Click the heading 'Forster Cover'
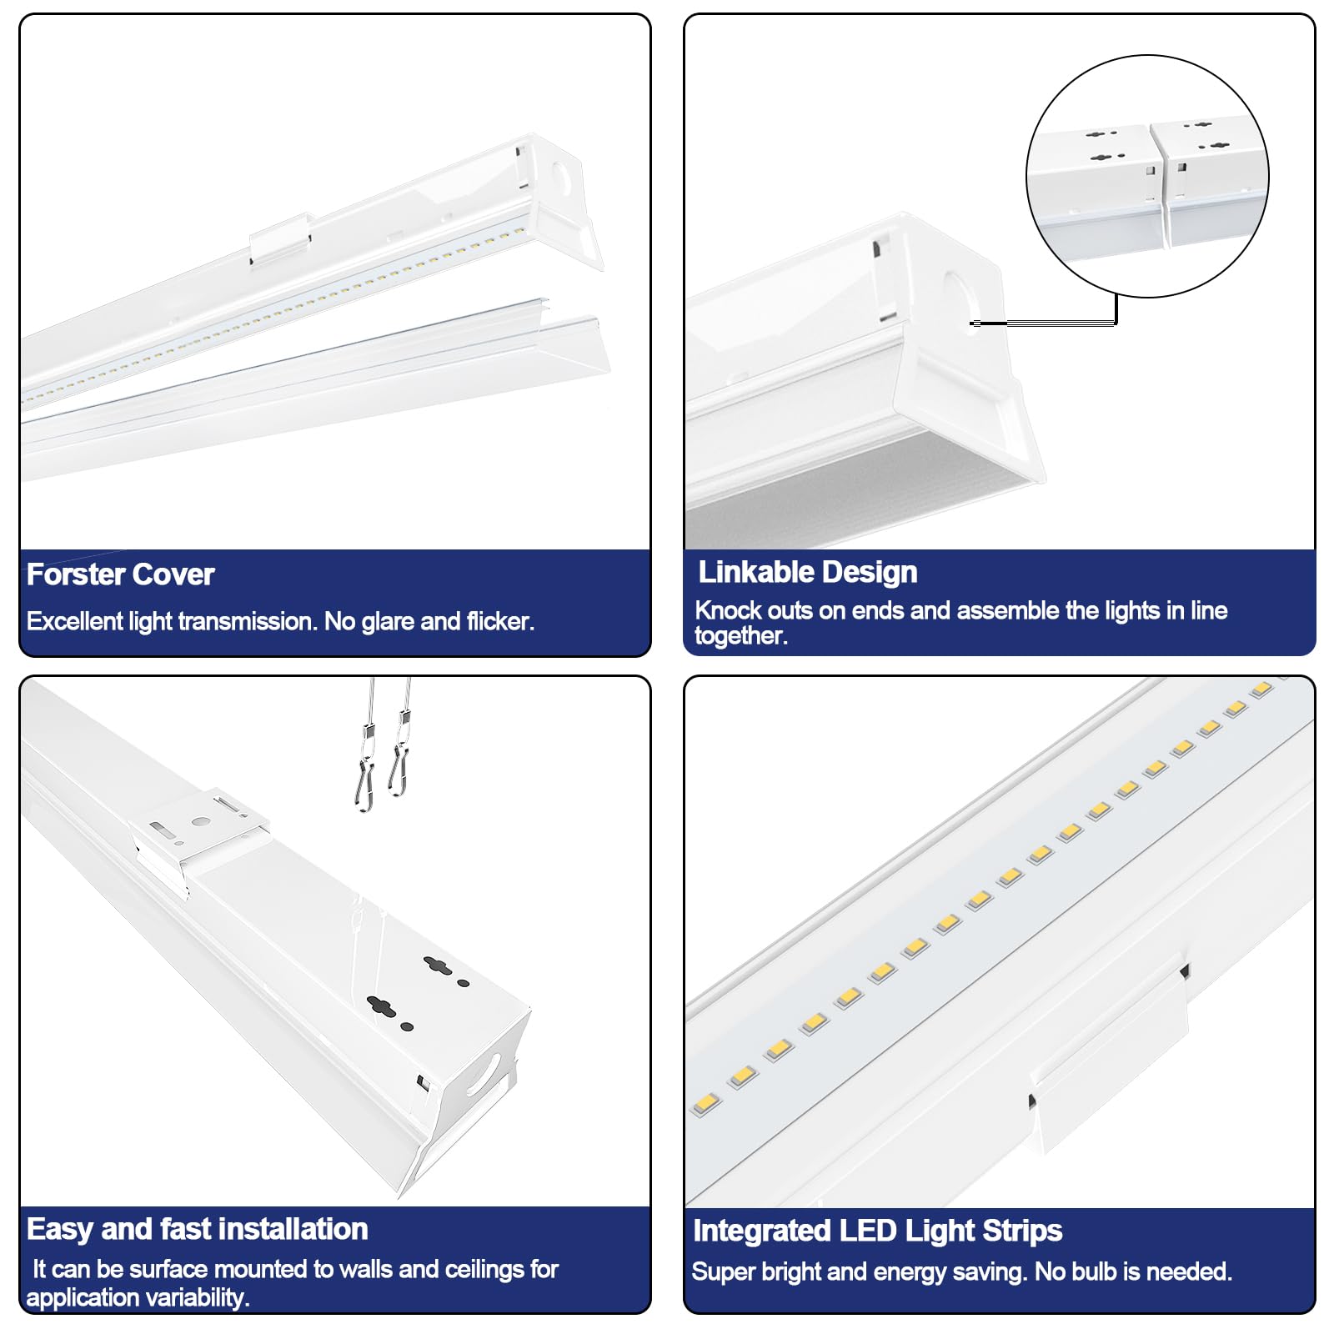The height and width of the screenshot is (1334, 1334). [120, 574]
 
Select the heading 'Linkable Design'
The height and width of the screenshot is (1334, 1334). [807, 572]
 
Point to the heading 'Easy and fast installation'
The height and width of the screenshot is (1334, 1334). [197, 1229]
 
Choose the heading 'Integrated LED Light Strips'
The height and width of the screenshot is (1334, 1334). [877, 1231]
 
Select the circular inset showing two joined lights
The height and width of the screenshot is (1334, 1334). [1146, 177]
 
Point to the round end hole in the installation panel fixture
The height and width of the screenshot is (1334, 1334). [484, 1076]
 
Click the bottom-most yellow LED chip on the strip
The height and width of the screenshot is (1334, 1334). [705, 1104]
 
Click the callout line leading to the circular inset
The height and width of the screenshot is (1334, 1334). [1051, 323]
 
